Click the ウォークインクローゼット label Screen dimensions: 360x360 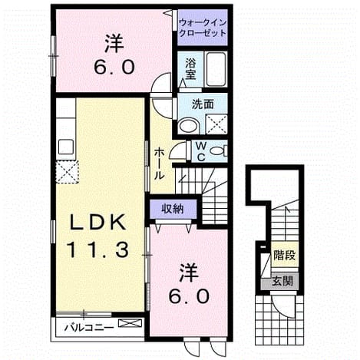203,28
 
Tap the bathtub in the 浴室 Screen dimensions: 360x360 216,69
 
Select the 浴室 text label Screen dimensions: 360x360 190,69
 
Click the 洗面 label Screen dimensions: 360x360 203,104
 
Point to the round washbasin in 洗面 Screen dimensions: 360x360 190,126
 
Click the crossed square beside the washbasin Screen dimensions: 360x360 216,124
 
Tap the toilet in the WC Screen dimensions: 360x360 219,150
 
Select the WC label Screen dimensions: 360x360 201,152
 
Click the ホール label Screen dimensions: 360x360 159,163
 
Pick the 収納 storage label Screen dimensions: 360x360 173,209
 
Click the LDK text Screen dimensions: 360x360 98,222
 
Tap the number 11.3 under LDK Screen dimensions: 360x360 97,250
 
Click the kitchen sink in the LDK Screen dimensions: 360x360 66,147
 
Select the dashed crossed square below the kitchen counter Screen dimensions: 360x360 67,172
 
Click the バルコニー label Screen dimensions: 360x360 89,327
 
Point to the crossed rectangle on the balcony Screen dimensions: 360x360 130,323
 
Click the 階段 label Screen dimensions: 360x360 285,256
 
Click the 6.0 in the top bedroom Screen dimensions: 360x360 114,67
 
